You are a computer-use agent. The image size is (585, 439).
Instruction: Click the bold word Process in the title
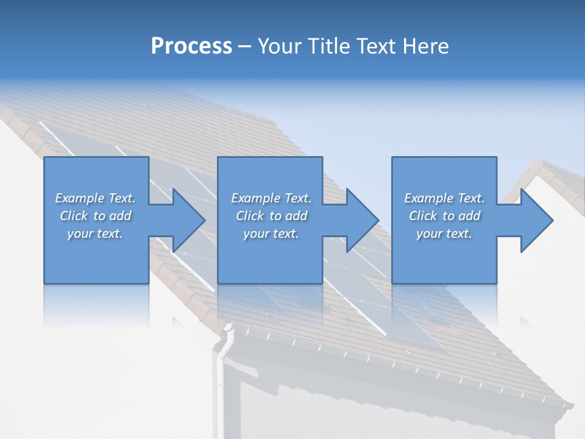click(191, 46)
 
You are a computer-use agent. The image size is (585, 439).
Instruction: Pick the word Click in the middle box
click(249, 216)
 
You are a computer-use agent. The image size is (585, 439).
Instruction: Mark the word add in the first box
click(121, 216)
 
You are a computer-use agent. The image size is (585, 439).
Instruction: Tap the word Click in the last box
click(422, 216)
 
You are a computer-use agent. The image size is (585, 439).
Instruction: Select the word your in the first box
click(80, 234)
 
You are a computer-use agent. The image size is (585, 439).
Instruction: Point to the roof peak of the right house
click(538, 166)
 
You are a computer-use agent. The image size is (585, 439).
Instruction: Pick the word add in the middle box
click(297, 216)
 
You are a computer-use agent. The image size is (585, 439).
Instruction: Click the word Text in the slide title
click(372, 46)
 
